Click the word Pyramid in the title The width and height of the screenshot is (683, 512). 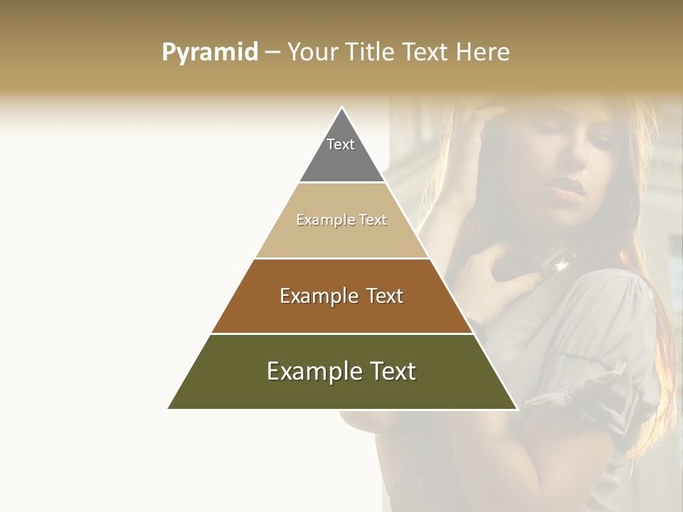[x=209, y=53]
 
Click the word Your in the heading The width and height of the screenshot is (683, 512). [x=311, y=52]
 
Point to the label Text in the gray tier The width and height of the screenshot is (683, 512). [x=341, y=144]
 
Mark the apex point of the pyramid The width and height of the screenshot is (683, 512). [x=342, y=107]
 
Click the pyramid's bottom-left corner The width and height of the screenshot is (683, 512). [x=168, y=408]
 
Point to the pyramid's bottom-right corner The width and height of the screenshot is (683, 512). [x=517, y=408]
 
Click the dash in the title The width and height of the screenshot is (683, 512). [x=272, y=53]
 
